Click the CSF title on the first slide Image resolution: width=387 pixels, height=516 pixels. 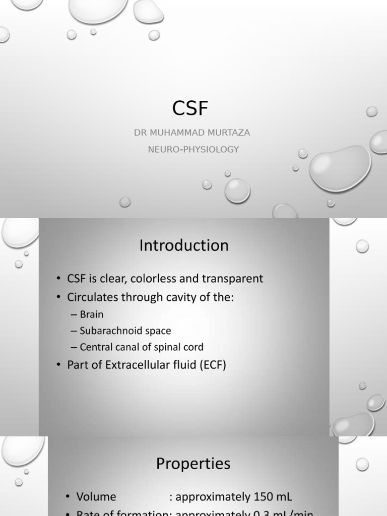coord(190,108)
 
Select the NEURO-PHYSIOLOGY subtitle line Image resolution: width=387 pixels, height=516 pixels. coord(193,150)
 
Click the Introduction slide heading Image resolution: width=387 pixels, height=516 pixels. coord(184,245)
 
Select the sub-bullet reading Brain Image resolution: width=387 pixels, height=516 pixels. coord(91,314)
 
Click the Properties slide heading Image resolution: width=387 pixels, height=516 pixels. coord(193,464)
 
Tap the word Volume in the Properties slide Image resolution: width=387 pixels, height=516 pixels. coord(96,497)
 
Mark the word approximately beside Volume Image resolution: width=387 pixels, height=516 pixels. coord(207,497)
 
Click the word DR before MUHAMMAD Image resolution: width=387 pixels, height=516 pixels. coord(140,133)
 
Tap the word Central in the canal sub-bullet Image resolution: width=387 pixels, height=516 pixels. coord(96,347)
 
